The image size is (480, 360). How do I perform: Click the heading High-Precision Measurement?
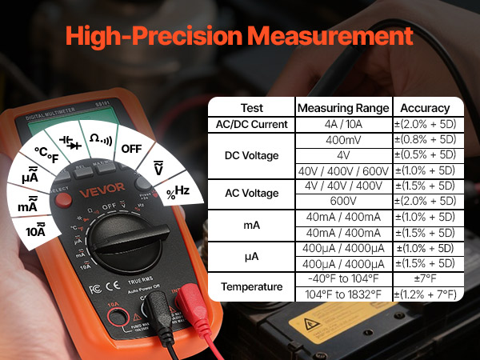(240, 36)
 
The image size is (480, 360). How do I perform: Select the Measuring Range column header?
(342, 108)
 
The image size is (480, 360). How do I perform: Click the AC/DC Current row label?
(251, 125)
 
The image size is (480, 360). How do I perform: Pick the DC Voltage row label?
(251, 155)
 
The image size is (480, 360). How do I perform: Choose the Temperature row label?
(251, 286)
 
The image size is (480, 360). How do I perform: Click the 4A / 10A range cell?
(342, 125)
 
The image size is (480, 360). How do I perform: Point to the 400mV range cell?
(342, 139)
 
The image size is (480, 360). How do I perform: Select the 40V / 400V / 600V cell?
(342, 170)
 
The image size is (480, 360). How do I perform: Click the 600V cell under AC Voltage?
(342, 201)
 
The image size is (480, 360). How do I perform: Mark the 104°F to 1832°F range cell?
(342, 294)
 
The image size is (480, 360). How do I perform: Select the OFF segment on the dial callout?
(130, 149)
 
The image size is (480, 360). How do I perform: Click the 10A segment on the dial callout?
(36, 231)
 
